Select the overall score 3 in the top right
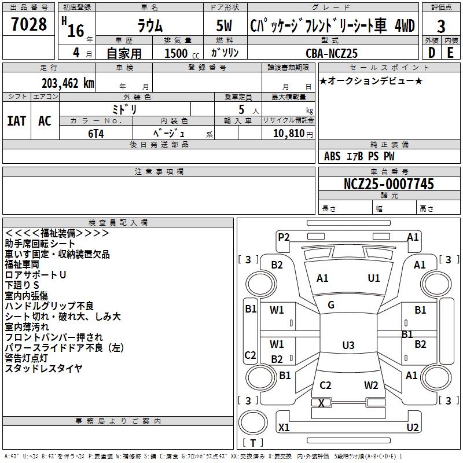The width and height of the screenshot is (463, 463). [x=441, y=26]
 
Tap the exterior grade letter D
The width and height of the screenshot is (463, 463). [x=431, y=52]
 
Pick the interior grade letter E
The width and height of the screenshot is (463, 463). [x=450, y=52]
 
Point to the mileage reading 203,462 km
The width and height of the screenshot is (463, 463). [x=68, y=83]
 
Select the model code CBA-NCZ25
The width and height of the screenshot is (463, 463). [x=332, y=53]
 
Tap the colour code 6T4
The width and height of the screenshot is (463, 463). [x=96, y=133]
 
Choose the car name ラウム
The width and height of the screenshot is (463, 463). [x=149, y=26]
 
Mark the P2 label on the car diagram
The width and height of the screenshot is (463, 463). [x=284, y=237]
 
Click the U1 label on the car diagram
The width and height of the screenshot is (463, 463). [x=374, y=278]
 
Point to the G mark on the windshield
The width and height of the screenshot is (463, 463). [x=331, y=305]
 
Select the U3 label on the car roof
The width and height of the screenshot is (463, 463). [x=348, y=346]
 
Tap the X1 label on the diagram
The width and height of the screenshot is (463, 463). [x=284, y=428]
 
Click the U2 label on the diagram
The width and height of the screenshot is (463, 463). [x=412, y=428]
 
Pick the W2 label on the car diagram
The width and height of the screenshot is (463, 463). [x=371, y=385]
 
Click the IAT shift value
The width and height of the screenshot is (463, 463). [x=16, y=121]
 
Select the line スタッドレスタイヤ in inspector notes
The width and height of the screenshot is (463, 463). [x=43, y=368]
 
